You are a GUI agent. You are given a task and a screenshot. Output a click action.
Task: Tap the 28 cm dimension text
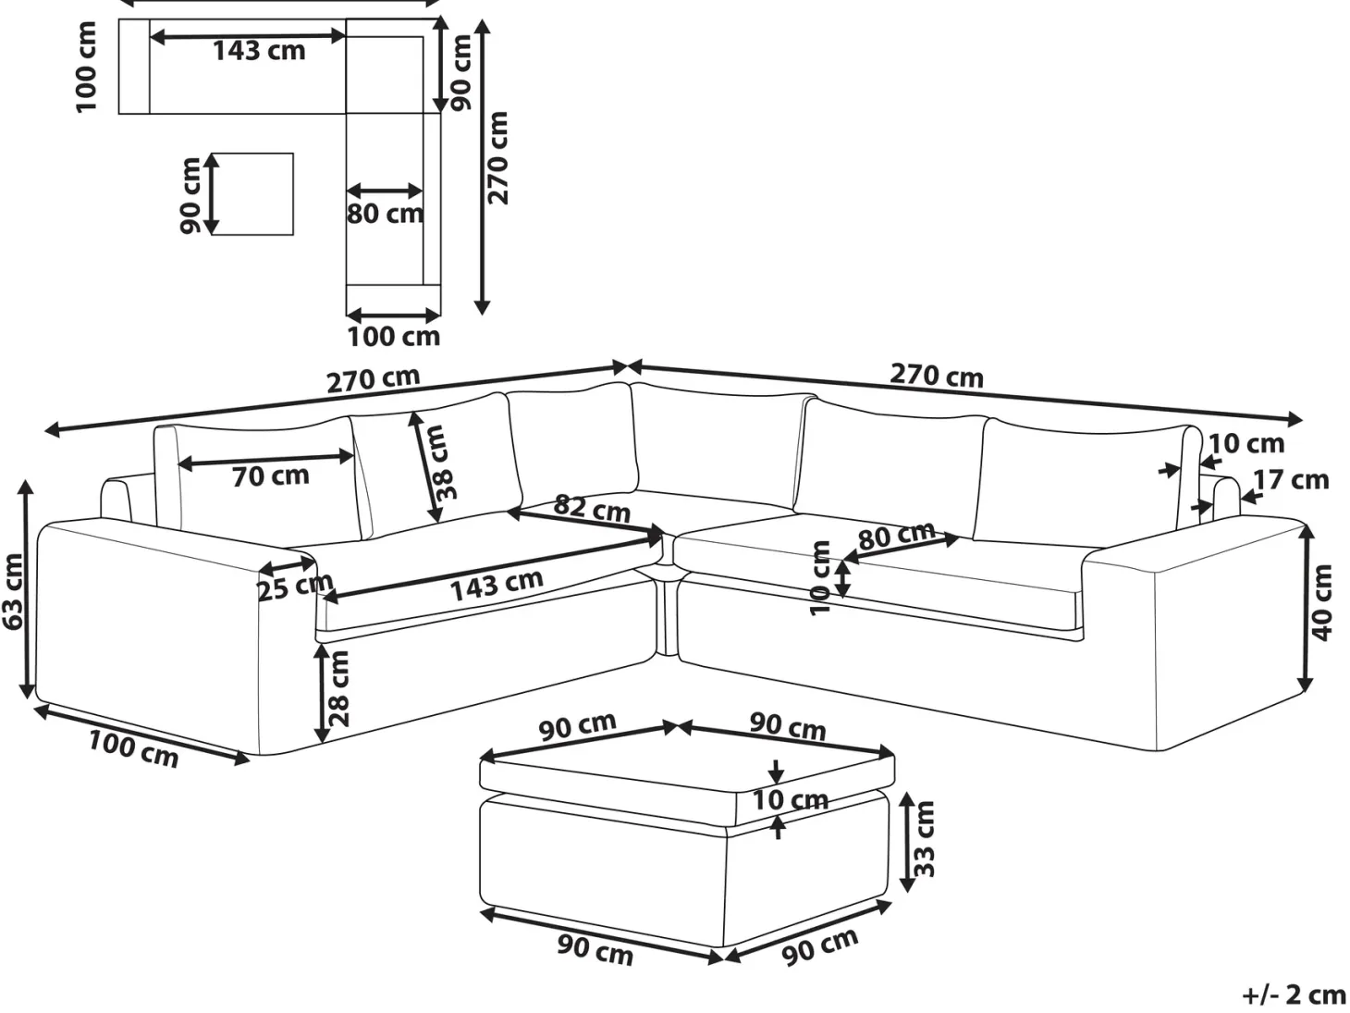coord(337,689)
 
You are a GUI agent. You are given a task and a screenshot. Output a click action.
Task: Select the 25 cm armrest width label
coord(295,587)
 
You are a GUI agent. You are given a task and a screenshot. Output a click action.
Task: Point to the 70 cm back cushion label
coord(271,476)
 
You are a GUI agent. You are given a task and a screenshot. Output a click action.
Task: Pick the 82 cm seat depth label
coord(592,509)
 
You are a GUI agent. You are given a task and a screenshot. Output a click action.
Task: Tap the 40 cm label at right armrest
coord(1321,603)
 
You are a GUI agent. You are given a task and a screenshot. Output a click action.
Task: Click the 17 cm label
coord(1291,480)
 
